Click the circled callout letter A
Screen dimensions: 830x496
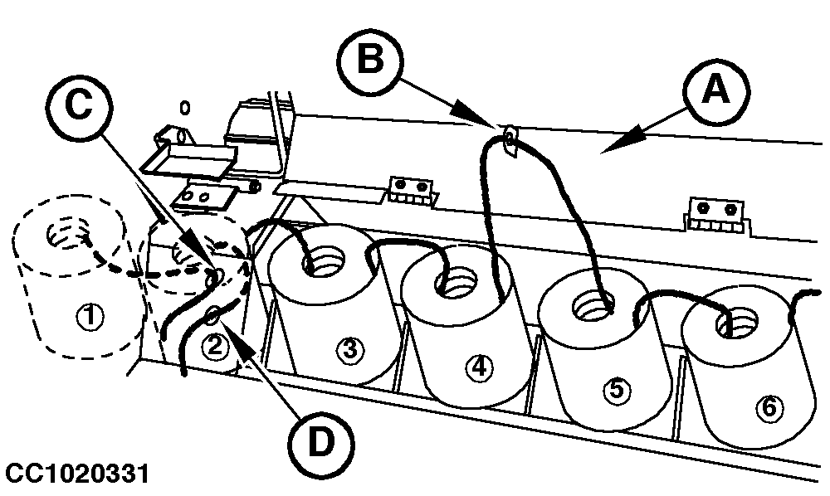tap(716, 91)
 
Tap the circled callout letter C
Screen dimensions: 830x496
tap(79, 105)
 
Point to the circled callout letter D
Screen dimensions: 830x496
tap(321, 442)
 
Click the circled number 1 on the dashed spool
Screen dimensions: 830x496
tap(90, 317)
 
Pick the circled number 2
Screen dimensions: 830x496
tap(214, 348)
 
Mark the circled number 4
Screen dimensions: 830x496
tap(479, 367)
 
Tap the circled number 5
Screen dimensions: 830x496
tap(617, 390)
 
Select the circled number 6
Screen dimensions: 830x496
tap(768, 407)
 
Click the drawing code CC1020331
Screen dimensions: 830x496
tap(77, 474)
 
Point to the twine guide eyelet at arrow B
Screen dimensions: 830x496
tap(510, 139)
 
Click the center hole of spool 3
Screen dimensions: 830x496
tap(322, 260)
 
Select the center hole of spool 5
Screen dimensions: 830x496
tap(594, 305)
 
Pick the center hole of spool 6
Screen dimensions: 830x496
tap(737, 323)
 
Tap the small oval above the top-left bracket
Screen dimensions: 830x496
tap(185, 108)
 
